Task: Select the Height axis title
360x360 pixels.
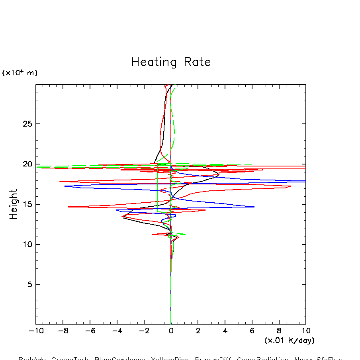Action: click(x=14, y=204)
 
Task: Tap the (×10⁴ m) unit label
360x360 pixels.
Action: click(x=20, y=73)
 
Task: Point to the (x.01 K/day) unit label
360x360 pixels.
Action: click(x=289, y=340)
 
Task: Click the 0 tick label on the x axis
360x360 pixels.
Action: click(x=171, y=331)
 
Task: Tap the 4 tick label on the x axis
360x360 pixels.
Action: click(x=225, y=331)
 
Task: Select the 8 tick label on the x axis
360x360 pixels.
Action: click(x=279, y=331)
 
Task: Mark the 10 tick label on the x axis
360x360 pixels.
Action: click(x=306, y=331)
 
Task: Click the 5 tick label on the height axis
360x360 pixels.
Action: click(x=24, y=285)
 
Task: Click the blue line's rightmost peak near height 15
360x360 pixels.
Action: click(x=254, y=207)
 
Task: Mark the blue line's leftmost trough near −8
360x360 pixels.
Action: click(x=65, y=186)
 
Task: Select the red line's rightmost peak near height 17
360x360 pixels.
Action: click(x=290, y=186)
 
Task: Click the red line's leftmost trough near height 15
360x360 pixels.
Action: click(x=68, y=207)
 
